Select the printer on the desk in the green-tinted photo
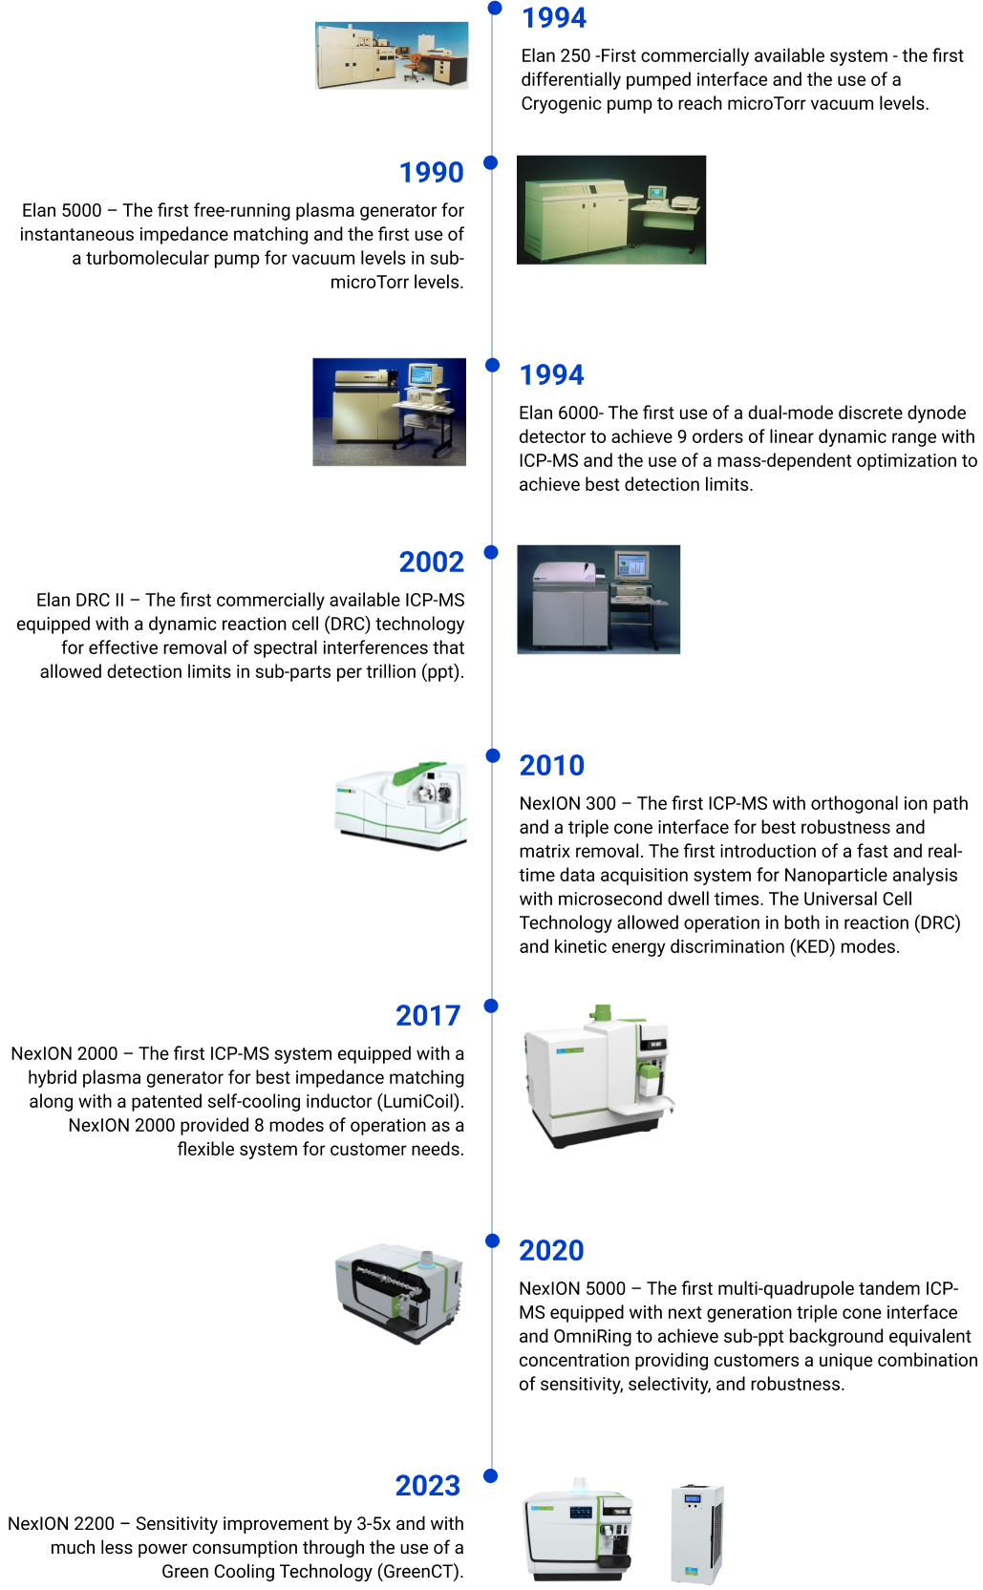coord(683,201)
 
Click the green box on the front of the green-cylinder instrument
coord(649,1079)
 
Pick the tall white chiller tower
coord(696,1535)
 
